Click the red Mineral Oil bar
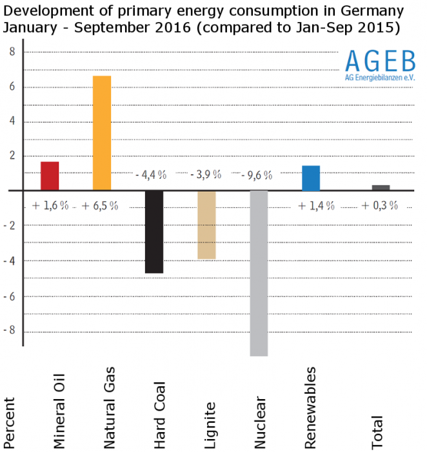50,176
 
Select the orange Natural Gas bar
102,133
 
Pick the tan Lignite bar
206,224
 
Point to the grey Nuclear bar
259,272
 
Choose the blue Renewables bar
311,178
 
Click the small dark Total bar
381,187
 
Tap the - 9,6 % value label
256,175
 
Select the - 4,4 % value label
152,175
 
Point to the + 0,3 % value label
381,206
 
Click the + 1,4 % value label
317,206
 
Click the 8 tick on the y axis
11,52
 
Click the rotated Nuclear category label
261,422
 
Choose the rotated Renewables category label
311,407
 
